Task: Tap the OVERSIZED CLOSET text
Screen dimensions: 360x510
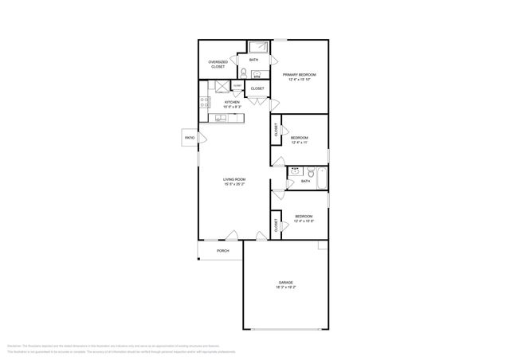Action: [x=218, y=65]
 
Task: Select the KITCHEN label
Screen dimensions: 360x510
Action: [x=232, y=102]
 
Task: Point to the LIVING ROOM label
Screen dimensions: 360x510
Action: [x=233, y=180]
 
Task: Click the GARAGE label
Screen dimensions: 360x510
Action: [x=285, y=283]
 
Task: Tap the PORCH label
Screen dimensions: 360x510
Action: [x=223, y=251]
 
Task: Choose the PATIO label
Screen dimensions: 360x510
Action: [x=190, y=138]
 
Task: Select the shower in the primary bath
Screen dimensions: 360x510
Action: [x=259, y=46]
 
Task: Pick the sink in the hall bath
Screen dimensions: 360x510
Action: [x=294, y=170]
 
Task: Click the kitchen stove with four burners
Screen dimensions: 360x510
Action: [x=204, y=102]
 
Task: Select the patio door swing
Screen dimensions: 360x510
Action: [x=202, y=139]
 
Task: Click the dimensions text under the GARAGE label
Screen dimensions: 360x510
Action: [x=285, y=288]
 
